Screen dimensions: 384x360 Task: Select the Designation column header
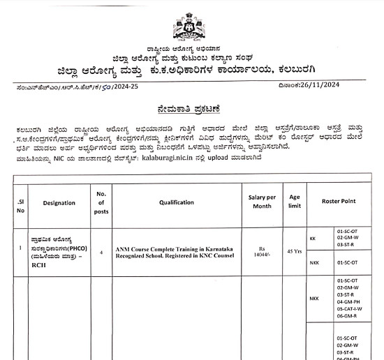pos(59,202)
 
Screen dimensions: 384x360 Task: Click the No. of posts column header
pos(101,202)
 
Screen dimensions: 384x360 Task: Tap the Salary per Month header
pos(262,202)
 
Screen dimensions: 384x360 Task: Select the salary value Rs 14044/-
pos(262,250)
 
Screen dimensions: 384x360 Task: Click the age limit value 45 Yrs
pos(294,250)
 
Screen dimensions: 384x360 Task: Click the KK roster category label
pos(313,239)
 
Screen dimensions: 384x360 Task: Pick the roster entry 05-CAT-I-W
pos(349,308)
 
